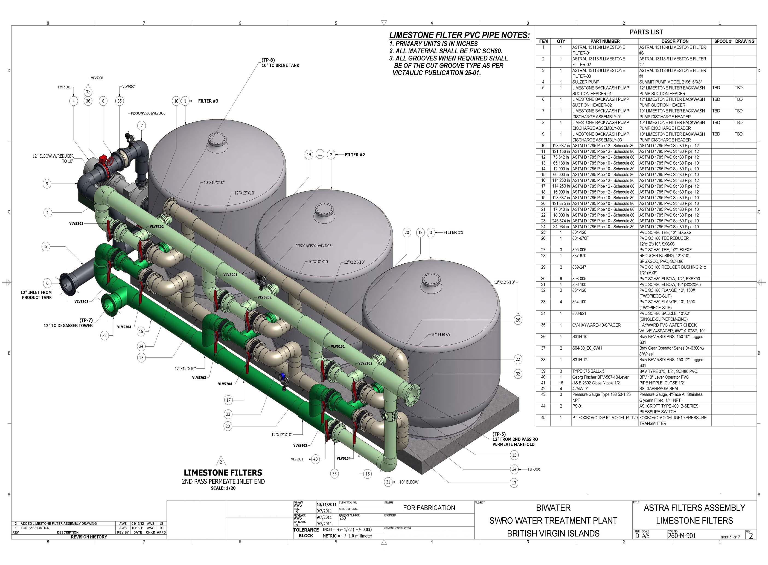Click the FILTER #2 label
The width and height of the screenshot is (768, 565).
pyautogui.click(x=355, y=155)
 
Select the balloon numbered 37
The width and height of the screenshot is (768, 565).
pyautogui.click(x=88, y=92)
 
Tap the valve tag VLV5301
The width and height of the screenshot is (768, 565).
pyautogui.click(x=76, y=224)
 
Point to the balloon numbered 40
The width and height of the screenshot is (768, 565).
pyautogui.click(x=315, y=459)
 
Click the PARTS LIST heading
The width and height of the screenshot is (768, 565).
pyautogui.click(x=646, y=32)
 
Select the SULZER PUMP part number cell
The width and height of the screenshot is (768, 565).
pyautogui.click(x=586, y=82)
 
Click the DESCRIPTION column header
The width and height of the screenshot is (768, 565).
pyautogui.click(x=675, y=41)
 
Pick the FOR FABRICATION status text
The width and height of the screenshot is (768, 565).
pyautogui.click(x=429, y=508)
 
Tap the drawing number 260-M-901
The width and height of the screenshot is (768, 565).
pyautogui.click(x=682, y=536)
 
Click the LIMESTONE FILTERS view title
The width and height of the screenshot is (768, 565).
pyautogui.click(x=223, y=473)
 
